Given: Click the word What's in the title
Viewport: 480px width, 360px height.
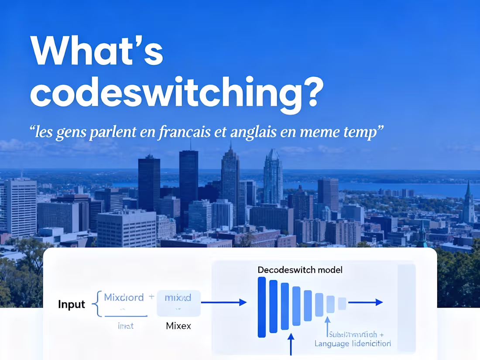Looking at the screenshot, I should coord(96,51).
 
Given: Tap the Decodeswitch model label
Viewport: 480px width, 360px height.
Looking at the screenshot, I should coord(300,270).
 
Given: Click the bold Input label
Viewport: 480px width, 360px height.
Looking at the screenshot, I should coord(72,304).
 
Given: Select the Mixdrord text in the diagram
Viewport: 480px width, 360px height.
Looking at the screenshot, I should coord(123,298).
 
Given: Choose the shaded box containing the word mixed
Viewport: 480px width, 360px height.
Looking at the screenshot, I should coord(178,302).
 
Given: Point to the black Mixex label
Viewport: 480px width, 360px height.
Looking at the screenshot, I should coord(178,326).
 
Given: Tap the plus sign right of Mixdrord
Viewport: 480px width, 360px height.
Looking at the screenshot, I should coord(151,297).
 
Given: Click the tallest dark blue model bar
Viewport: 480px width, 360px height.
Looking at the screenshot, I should coord(262,307).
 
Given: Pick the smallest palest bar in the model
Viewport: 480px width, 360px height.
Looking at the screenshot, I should coord(342,303).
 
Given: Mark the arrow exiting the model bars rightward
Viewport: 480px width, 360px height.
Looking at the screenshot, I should coord(365,302).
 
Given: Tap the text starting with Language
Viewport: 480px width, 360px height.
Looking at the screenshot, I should coord(353,343).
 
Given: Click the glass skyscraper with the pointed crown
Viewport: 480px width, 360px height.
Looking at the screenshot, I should coord(273,177).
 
